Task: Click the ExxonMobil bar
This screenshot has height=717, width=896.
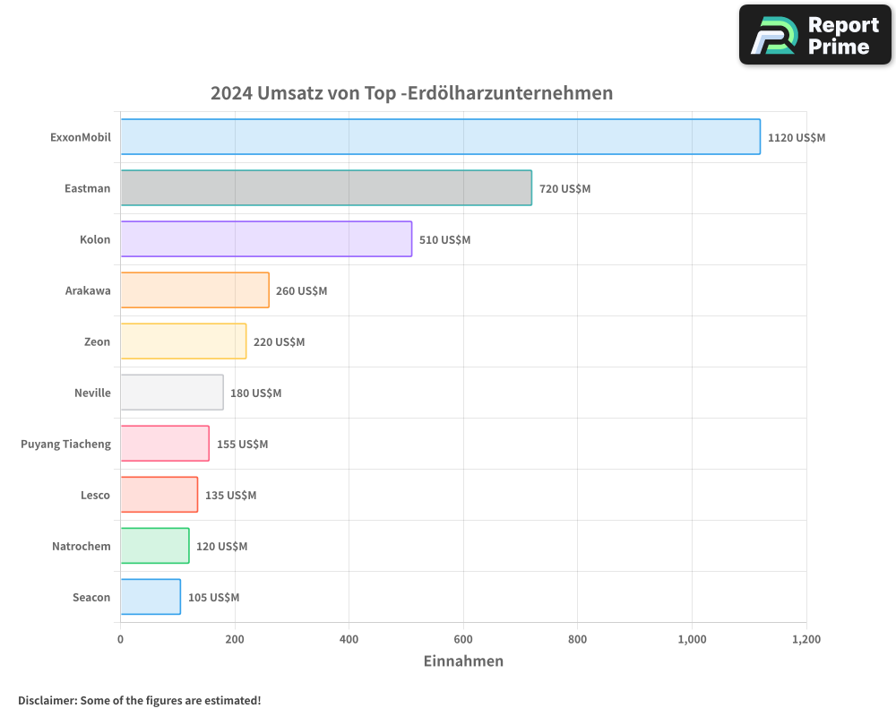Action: pyautogui.click(x=440, y=137)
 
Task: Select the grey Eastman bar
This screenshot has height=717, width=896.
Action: pyautogui.click(x=326, y=188)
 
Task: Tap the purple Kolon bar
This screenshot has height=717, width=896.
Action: pyautogui.click(x=266, y=239)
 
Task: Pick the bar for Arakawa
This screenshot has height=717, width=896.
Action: pyautogui.click(x=194, y=290)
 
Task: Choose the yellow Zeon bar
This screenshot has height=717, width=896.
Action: pyautogui.click(x=183, y=341)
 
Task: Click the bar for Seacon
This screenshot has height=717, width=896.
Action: pyautogui.click(x=151, y=597)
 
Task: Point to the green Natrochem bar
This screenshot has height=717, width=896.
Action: pyautogui.click(x=154, y=546)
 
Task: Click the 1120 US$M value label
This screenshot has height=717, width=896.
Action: pyautogui.click(x=797, y=138)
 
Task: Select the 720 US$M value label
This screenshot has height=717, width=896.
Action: pyautogui.click(x=564, y=189)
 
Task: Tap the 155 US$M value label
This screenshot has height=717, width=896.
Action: pyautogui.click(x=242, y=445)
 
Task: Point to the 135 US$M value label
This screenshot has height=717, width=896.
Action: pyautogui.click(x=230, y=496)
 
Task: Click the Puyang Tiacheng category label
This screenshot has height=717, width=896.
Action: pyautogui.click(x=65, y=444)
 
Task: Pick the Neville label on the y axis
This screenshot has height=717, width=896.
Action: pyautogui.click(x=92, y=393)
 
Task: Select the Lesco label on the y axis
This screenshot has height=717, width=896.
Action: pyautogui.click(x=95, y=495)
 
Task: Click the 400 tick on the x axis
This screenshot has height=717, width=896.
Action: pyautogui.click(x=349, y=640)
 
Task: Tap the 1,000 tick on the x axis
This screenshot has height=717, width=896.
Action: pyautogui.click(x=692, y=640)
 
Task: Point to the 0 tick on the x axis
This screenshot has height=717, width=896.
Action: pyautogui.click(x=121, y=640)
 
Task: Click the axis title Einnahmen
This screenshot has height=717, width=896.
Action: pyautogui.click(x=463, y=661)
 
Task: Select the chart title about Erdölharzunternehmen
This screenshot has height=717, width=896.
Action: pyautogui.click(x=411, y=93)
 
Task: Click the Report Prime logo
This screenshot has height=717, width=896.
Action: pyautogui.click(x=814, y=35)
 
